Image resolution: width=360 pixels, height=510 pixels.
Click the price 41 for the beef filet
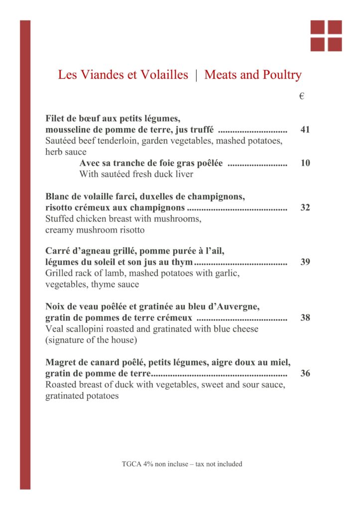tap(305, 130)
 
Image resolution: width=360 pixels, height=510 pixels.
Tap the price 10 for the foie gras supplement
tap(305, 163)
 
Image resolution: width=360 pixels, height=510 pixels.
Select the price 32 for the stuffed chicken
tap(305, 208)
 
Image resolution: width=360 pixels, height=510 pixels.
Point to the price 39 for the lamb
tap(305, 262)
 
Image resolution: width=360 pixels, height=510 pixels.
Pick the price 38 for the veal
tap(305, 318)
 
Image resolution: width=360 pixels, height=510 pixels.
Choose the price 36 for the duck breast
tap(305, 373)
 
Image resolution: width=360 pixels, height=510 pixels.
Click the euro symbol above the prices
tap(302, 97)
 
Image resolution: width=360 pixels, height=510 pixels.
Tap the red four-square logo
tap(326, 36)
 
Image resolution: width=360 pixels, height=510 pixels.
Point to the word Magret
tap(61, 362)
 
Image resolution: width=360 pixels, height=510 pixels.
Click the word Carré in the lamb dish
tap(58, 251)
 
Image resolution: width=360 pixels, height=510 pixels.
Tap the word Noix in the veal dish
tap(55, 306)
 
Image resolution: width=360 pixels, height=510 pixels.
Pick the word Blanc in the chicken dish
tap(58, 196)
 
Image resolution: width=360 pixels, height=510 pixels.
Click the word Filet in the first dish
tap(56, 119)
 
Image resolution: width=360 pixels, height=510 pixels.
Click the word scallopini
tap(87, 329)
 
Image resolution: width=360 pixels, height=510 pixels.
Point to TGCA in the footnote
tap(131, 464)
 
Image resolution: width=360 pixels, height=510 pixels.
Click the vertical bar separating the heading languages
tap(196, 75)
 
